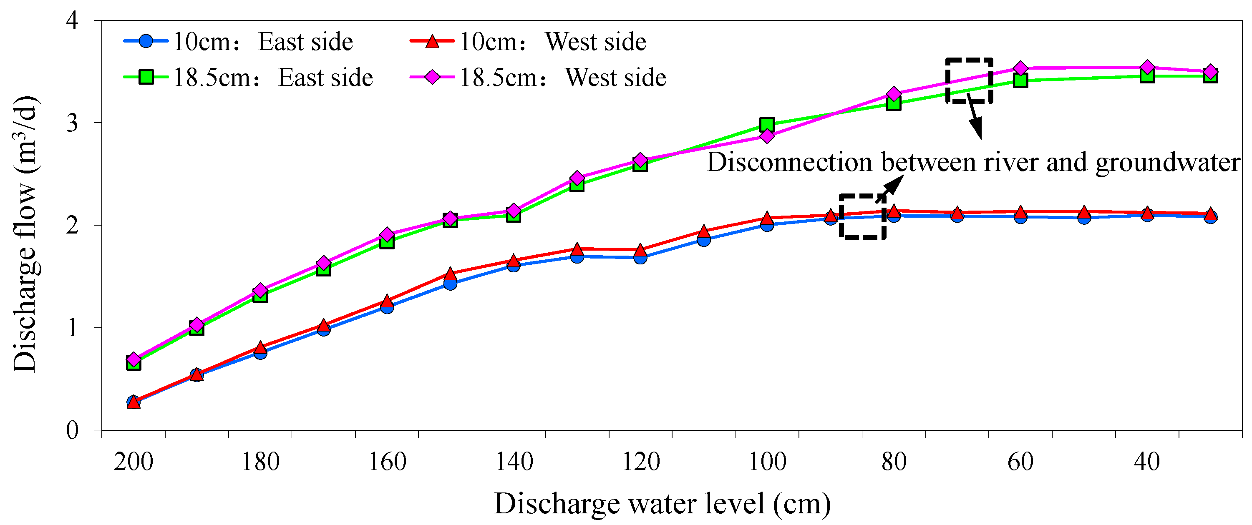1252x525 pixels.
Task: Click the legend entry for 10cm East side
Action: point(238,41)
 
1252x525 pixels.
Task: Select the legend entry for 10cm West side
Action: point(528,41)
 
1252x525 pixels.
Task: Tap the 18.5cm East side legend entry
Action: point(248,78)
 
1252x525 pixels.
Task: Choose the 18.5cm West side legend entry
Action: point(537,78)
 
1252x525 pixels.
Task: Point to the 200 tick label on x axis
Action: point(133,461)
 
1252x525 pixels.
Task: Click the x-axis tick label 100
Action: point(766,461)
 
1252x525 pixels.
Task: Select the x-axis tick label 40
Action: point(1146,461)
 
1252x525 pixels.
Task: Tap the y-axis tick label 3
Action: point(73,123)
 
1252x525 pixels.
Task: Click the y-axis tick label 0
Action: point(73,430)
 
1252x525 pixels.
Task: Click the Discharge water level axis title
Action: point(662,504)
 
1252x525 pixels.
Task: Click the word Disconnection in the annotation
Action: point(789,162)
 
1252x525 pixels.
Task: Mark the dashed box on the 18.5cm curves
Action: point(969,80)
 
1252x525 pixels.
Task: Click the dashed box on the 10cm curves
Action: point(862,216)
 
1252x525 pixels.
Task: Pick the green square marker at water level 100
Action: point(766,125)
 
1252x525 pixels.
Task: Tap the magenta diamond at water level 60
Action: point(1020,68)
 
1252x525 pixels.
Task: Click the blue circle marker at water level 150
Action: point(450,283)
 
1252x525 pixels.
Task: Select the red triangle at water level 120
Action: point(640,251)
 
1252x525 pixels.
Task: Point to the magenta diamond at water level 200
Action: point(134,359)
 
